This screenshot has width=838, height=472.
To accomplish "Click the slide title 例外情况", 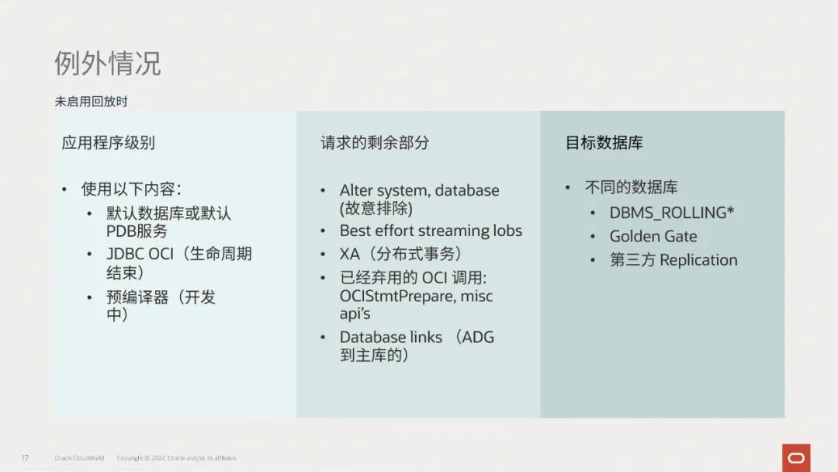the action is (x=107, y=64).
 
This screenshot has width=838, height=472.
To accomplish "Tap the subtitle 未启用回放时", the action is (x=92, y=102).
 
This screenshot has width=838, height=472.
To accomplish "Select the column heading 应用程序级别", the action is (x=108, y=143).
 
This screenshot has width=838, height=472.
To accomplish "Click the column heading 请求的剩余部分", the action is (x=375, y=143).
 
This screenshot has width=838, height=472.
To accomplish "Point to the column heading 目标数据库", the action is (x=604, y=143).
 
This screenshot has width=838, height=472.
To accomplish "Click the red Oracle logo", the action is (x=796, y=458).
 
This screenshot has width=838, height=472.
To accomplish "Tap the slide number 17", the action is (x=25, y=458).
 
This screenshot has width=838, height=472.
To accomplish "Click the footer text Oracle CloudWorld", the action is (x=79, y=458).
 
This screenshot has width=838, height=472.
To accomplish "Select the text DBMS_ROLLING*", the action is (x=672, y=213).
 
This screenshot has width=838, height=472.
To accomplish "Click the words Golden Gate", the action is (x=653, y=236).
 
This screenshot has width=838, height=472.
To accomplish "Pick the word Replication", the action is (x=698, y=260).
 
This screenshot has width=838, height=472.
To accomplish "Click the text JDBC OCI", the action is (x=140, y=254).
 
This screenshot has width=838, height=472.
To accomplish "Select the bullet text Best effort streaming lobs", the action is (x=431, y=231).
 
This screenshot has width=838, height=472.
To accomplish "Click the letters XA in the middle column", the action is (x=349, y=254).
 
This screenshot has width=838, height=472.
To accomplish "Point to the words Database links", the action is (x=390, y=337).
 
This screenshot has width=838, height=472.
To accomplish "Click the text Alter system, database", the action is (x=420, y=190).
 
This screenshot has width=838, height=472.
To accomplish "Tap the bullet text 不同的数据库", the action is (x=631, y=187).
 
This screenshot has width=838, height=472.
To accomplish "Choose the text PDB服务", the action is (x=137, y=231).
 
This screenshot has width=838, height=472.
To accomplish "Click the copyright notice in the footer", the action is (x=176, y=458).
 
